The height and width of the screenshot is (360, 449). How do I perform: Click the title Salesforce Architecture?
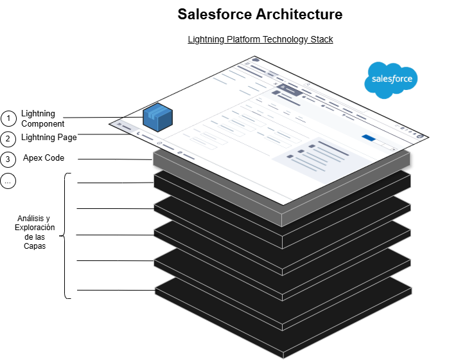coord(260,14)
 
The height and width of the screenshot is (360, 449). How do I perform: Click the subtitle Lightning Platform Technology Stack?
coord(260,39)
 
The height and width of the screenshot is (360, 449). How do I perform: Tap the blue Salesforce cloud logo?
coord(391,80)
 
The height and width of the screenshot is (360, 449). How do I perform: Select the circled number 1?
coord(8,118)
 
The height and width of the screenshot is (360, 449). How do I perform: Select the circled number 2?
coord(8,138)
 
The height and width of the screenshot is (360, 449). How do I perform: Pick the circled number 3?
coord(8,159)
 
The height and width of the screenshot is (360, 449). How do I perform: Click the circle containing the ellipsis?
coord(8,181)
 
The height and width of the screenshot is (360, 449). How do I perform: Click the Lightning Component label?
coord(42,118)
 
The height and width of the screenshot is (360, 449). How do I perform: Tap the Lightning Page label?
coord(49,137)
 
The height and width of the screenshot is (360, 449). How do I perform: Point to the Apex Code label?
coord(44,157)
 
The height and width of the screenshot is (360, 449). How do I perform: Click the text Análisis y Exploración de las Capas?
coord(36,232)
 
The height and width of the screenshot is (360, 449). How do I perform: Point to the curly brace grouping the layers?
coord(67,235)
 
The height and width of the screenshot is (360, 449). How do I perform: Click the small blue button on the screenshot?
coord(368,137)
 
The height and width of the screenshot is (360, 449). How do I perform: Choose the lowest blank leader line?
coord(116,291)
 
